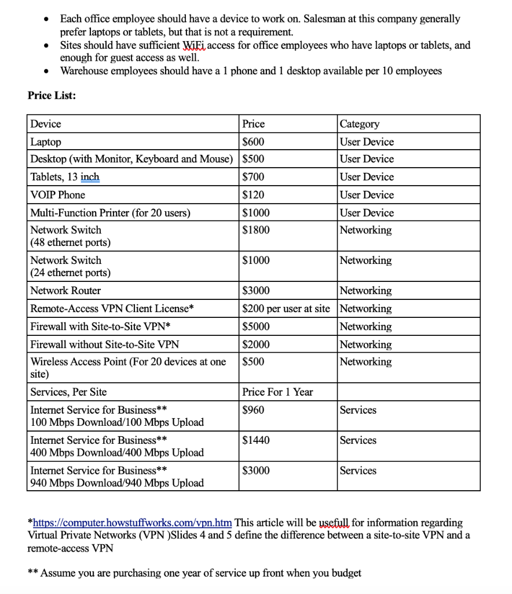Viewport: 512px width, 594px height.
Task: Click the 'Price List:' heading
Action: tap(52, 96)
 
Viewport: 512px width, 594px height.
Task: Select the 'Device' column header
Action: tap(46, 124)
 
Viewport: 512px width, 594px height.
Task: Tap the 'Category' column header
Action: tap(359, 124)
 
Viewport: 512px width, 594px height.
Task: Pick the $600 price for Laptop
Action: tap(253, 142)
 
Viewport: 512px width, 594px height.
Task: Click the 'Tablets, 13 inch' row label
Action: tap(64, 177)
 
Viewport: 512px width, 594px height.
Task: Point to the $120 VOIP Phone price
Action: tap(253, 195)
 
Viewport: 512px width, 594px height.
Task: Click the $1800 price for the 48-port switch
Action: tap(255, 230)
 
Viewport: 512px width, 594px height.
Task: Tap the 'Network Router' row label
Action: tap(65, 291)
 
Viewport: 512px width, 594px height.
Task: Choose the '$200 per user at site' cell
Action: tap(286, 309)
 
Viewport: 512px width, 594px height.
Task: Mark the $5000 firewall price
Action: tap(255, 327)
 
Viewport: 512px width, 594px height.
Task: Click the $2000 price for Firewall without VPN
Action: tap(255, 345)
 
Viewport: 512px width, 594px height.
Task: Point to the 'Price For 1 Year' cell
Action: tap(277, 392)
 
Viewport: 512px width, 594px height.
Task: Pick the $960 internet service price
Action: tap(253, 410)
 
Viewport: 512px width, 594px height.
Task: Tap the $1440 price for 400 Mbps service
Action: tap(255, 440)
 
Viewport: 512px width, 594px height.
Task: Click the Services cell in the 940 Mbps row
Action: tap(358, 470)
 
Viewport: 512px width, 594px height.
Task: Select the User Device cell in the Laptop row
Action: tap(367, 142)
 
